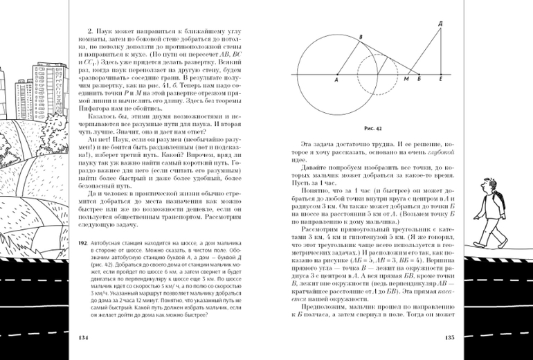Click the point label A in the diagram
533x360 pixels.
[335, 81]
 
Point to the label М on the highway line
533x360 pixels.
[405, 80]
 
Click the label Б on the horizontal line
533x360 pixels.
[419, 80]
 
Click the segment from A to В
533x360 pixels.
[348, 58]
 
